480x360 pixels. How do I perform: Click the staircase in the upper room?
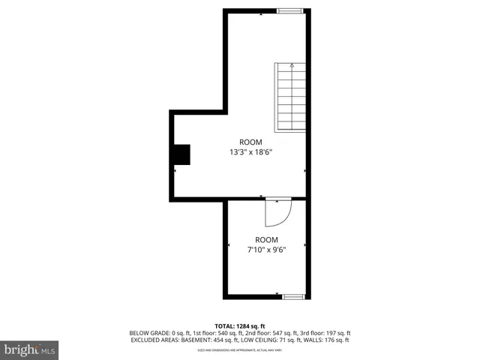(x=290, y=97)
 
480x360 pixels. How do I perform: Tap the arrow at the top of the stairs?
(x=292, y=66)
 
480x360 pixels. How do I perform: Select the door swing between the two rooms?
(x=277, y=212)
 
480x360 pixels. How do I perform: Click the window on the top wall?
(x=289, y=10)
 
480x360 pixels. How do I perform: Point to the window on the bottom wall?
(x=293, y=297)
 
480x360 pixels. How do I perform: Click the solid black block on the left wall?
(x=182, y=154)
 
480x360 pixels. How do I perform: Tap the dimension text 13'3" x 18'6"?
(x=250, y=152)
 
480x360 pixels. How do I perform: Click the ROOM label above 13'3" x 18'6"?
(x=250, y=142)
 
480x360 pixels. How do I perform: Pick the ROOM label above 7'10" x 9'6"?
(x=266, y=240)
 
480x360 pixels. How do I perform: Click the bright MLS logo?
(x=30, y=349)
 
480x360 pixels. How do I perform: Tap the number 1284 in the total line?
(x=247, y=325)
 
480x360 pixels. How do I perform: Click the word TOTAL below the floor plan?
(x=225, y=325)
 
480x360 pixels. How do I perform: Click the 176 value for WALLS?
(x=334, y=340)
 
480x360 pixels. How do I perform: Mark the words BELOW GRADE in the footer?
(x=147, y=333)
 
